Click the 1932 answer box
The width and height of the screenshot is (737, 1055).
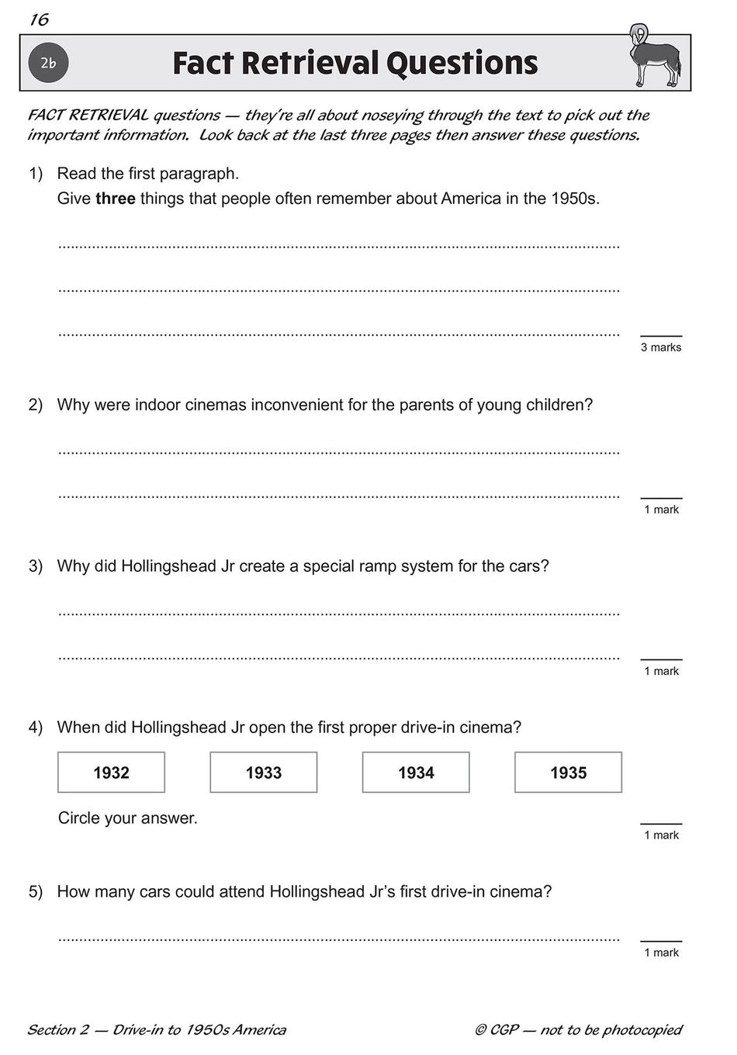(111, 772)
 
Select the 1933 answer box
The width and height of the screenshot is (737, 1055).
(263, 772)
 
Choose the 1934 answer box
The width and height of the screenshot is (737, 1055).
(416, 772)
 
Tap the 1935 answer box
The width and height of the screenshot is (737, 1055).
(568, 772)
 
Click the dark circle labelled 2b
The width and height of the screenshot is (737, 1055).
(49, 64)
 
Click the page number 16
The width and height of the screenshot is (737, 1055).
(39, 20)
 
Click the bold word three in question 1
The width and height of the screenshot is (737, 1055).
(116, 199)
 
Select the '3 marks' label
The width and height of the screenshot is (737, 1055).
(661, 348)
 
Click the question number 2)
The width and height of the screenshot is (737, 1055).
(36, 405)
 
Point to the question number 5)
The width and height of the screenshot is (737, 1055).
(36, 891)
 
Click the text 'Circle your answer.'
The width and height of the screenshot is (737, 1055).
(128, 818)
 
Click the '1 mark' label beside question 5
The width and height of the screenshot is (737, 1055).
(661, 953)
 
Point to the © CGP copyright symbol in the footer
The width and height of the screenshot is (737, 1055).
(481, 1030)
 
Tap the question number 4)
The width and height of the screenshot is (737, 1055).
(36, 728)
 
